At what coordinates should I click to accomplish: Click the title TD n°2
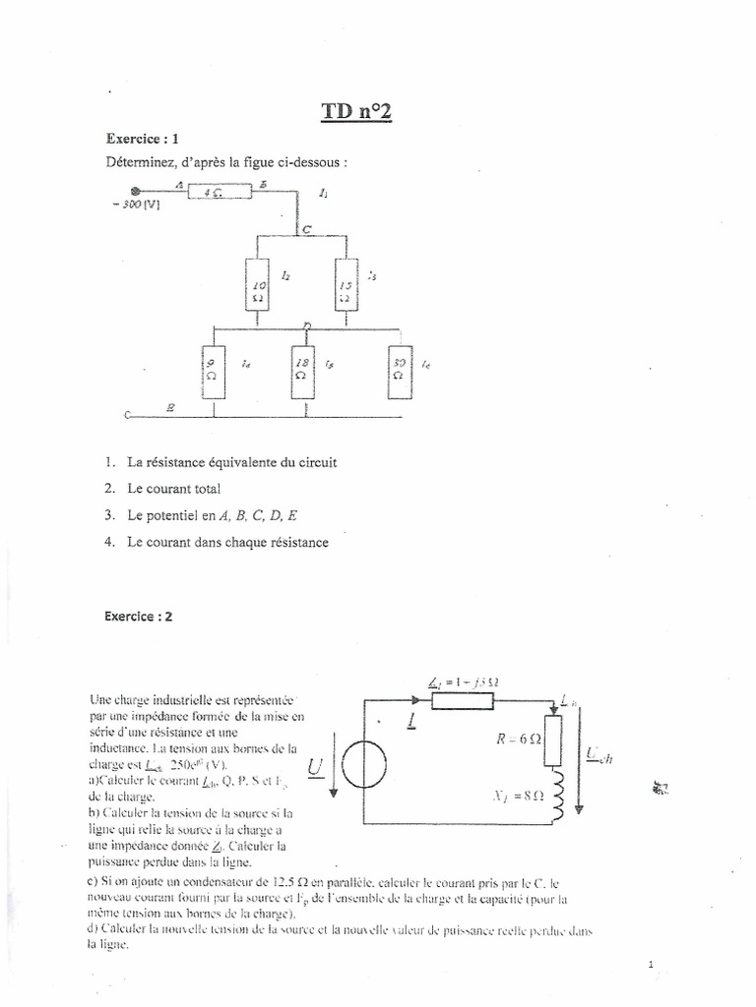coord(355,112)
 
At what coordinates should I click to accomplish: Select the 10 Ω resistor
coord(258,286)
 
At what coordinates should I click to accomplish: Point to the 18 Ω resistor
coord(304,372)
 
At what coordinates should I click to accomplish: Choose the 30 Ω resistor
coord(398,372)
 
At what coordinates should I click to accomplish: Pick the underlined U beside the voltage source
coord(315,765)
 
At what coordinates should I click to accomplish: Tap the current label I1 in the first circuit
coord(325,194)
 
